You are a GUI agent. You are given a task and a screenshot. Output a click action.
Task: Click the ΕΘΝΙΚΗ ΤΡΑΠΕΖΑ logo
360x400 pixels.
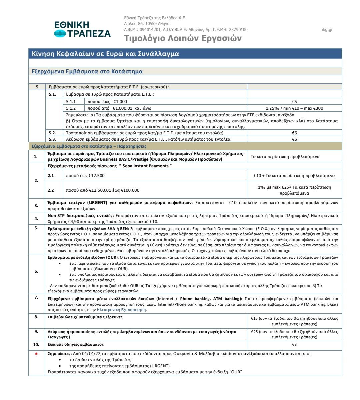point(82,29)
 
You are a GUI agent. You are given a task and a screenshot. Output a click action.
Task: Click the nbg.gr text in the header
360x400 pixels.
point(326,30)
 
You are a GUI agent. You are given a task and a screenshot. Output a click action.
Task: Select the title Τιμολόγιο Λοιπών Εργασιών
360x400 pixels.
point(183,38)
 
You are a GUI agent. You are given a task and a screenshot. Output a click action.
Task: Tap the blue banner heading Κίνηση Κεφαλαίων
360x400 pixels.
point(105,54)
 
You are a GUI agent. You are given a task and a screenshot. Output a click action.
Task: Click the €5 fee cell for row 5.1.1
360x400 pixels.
point(294,102)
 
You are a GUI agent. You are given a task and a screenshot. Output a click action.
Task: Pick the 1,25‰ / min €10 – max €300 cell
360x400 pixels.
point(294,108)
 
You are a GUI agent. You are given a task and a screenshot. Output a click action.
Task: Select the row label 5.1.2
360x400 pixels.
point(71,108)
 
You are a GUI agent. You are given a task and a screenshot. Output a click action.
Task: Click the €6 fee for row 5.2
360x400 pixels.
point(294,133)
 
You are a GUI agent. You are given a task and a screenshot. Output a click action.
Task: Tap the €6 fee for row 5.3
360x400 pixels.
point(294,139)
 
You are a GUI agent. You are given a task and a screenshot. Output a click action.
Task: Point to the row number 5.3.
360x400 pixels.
point(52,139)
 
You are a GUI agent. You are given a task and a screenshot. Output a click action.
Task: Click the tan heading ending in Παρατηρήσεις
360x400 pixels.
point(89,146)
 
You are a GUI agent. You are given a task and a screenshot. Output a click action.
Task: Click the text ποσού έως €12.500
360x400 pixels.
point(85,176)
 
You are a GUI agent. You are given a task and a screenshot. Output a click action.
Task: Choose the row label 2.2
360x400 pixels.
point(51,190)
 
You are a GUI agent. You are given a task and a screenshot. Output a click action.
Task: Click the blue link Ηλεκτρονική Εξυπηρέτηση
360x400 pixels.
point(121,310)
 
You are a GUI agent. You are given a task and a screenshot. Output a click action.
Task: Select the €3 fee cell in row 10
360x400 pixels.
point(294,345)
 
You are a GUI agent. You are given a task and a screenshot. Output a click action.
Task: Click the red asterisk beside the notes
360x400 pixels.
point(36,354)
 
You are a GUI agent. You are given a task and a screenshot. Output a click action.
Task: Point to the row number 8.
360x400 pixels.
point(36,317)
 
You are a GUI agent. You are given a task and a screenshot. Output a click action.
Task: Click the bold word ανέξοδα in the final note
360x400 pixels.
point(252,354)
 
